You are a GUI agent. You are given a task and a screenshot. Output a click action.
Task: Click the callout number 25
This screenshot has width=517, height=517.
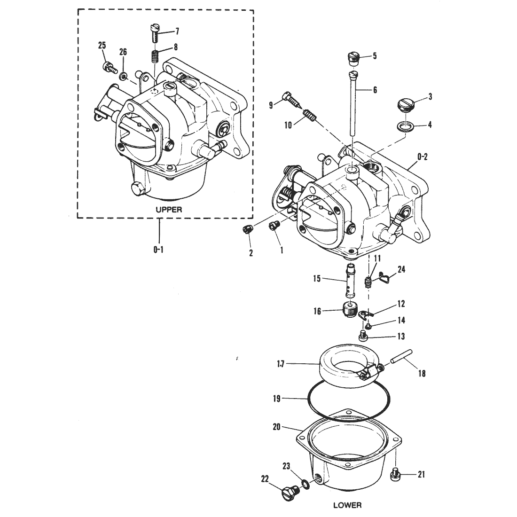(102, 46)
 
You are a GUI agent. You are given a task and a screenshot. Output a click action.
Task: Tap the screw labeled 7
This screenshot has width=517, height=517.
(155, 32)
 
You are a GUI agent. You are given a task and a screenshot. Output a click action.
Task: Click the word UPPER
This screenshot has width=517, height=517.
(169, 209)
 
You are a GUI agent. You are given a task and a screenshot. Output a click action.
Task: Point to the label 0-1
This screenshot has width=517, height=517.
(158, 250)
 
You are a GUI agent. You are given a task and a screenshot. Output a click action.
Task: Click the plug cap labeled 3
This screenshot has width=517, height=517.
(405, 105)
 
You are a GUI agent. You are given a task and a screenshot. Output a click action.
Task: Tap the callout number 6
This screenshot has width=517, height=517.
(375, 90)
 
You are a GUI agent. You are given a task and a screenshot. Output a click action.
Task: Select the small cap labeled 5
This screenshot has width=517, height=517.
(354, 59)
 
